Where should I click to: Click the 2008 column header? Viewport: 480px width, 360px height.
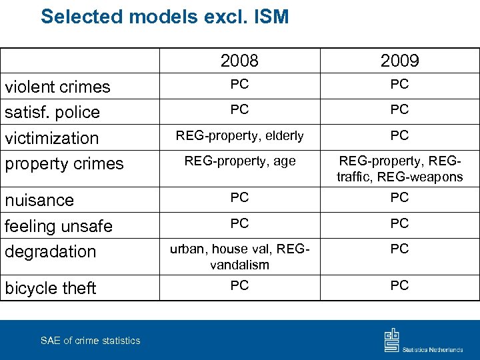239,61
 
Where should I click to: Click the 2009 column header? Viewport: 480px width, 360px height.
399,61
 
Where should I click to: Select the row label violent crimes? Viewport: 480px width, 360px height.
57,87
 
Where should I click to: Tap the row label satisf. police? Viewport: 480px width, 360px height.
52,112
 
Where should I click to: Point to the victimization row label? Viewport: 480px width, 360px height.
51,138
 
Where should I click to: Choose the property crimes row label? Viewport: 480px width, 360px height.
64,163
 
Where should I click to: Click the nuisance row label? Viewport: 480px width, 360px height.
39,200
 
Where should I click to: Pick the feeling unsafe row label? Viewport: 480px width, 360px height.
59,226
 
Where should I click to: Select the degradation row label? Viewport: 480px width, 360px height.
51,251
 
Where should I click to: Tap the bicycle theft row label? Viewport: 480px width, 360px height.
51,288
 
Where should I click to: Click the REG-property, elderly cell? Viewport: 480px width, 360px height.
239,136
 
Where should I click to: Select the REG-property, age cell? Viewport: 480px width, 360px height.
239,161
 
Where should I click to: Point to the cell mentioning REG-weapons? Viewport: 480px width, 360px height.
399,169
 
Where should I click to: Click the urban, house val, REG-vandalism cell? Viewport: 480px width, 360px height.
239,257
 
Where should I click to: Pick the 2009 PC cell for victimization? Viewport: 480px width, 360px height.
399,136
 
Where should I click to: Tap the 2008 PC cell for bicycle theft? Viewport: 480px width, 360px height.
239,286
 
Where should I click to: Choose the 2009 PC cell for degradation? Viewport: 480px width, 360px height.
399,249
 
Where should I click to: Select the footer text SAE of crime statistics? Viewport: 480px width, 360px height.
90,341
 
